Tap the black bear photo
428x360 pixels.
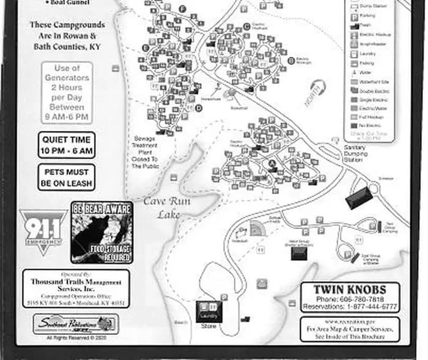pyautogui.click(x=101, y=232)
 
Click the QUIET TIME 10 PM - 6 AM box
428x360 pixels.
pyautogui.click(x=66, y=145)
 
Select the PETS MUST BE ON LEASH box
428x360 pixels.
pyautogui.click(x=66, y=177)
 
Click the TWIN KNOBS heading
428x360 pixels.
pyautogui.click(x=350, y=289)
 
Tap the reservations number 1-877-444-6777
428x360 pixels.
pyautogui.click(x=350, y=306)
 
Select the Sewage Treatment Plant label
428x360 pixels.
pyautogui.click(x=145, y=152)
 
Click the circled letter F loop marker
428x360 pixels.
pyautogui.click(x=183, y=9)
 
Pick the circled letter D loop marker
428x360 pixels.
pyautogui.click(x=199, y=108)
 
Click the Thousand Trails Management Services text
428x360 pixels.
pyautogui.click(x=76, y=285)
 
